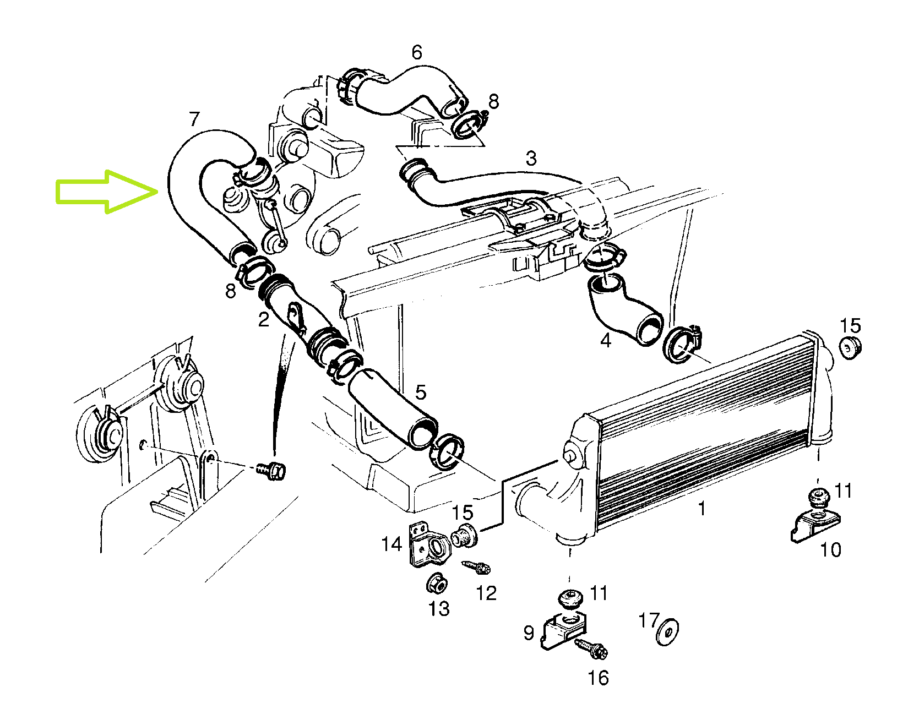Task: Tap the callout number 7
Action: pyautogui.click(x=194, y=119)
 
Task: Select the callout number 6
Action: pyautogui.click(x=417, y=52)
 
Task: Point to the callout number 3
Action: pyautogui.click(x=531, y=159)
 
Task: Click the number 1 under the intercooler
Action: pyautogui.click(x=702, y=508)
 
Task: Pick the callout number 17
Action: pyautogui.click(x=649, y=620)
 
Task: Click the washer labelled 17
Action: pyautogui.click(x=667, y=631)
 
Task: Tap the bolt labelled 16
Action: pyautogui.click(x=591, y=648)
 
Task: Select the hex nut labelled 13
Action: pyautogui.click(x=437, y=583)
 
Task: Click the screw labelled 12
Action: pyautogui.click(x=476, y=567)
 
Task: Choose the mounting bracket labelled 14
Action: pyautogui.click(x=428, y=544)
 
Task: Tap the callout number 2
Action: pyautogui.click(x=264, y=319)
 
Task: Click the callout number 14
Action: pyautogui.click(x=391, y=544)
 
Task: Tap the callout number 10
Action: pyautogui.click(x=830, y=549)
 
